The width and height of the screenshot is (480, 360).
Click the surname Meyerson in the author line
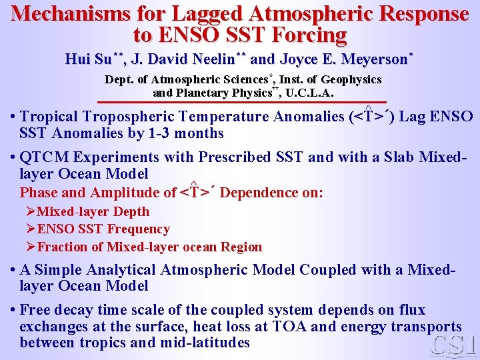pyautogui.click(x=373, y=59)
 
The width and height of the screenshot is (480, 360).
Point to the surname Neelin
pyautogui.click(x=206, y=59)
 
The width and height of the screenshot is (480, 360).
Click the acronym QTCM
pyautogui.click(x=47, y=158)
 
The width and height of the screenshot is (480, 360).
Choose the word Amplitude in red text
pyautogui.click(x=142, y=193)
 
